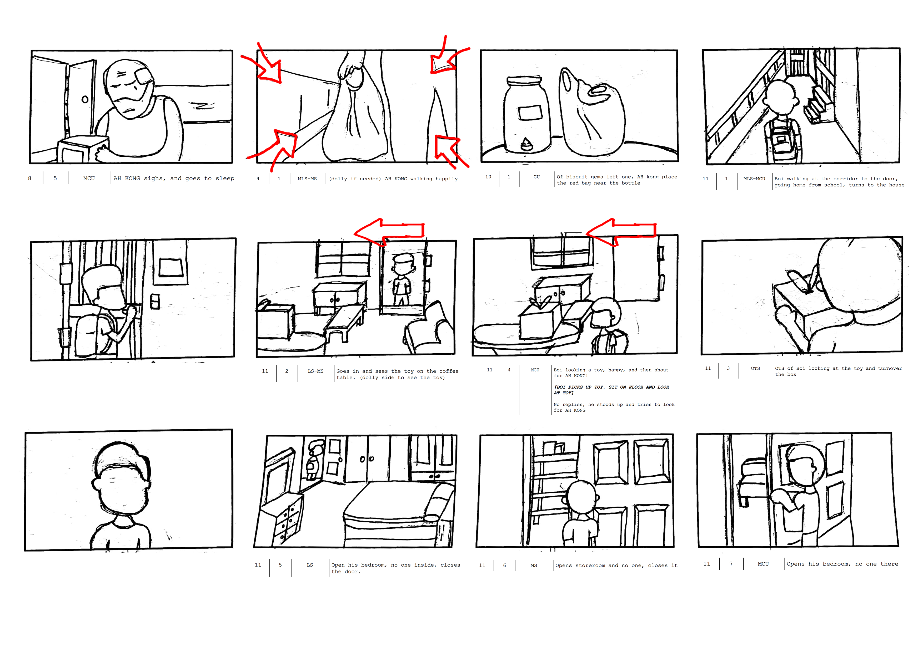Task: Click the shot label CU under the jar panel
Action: (536, 177)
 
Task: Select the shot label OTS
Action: (755, 368)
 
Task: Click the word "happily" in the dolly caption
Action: (446, 179)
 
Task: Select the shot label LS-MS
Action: (315, 371)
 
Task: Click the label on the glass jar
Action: (530, 113)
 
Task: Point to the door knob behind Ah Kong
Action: (85, 99)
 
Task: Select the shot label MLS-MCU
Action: (754, 179)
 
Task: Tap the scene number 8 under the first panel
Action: (29, 178)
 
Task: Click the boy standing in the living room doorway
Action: (402, 279)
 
